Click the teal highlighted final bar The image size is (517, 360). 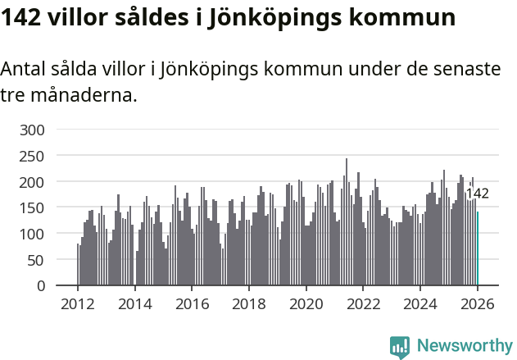[478, 248]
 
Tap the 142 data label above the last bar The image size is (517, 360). [477, 194]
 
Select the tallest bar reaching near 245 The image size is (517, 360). [347, 222]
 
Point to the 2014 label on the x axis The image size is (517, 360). [135, 303]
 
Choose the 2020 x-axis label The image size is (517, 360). [306, 303]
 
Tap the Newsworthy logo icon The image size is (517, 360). [400, 347]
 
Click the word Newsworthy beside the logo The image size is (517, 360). [464, 347]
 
